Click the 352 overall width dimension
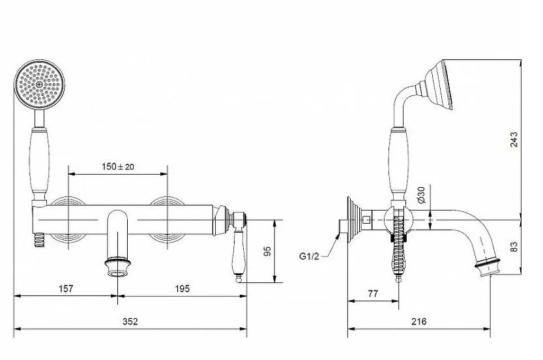130,322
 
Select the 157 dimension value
66,289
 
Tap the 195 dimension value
183,289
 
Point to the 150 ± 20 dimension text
118,167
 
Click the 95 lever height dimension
267,252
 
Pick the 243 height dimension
514,140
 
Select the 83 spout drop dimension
514,247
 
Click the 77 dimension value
373,294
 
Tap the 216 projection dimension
419,322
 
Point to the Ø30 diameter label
421,195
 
